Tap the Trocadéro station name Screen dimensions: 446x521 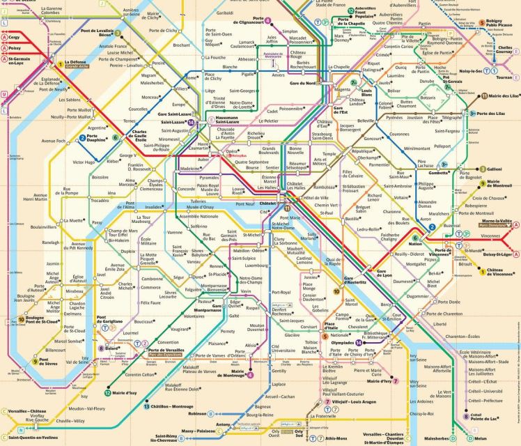(100, 201)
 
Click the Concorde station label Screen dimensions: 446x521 (186, 189)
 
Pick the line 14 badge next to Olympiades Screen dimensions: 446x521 (359, 343)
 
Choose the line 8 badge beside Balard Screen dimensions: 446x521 (101, 348)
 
